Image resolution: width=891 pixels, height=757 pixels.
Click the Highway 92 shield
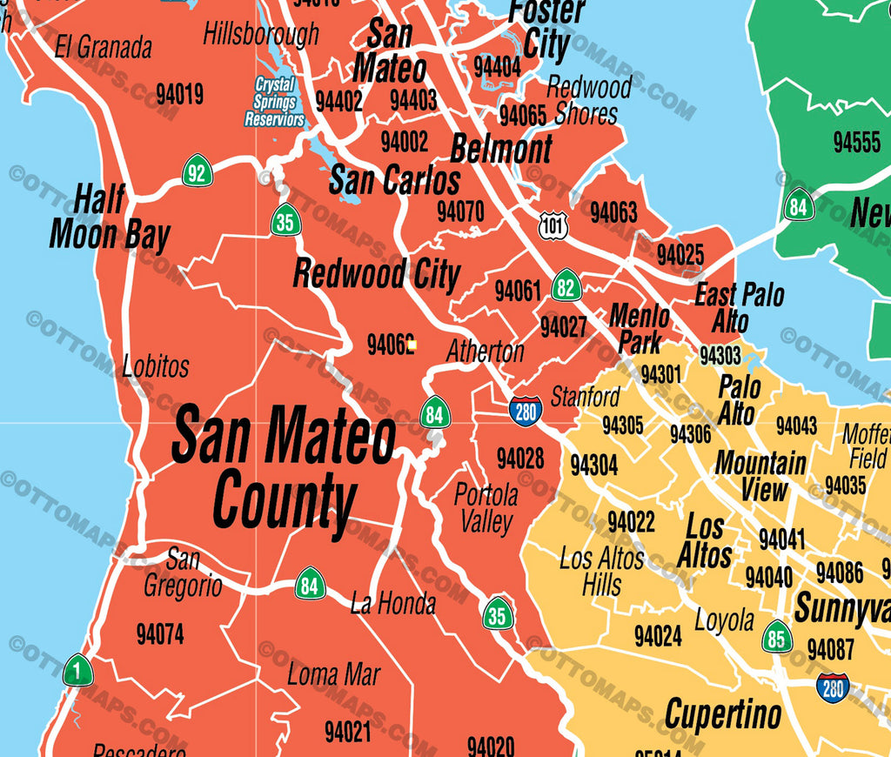tap(198, 171)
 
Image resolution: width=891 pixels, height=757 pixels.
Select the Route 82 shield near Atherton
tap(566, 285)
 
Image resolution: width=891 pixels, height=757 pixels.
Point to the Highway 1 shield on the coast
tap(77, 670)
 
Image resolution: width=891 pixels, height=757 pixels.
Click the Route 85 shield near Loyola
tap(777, 637)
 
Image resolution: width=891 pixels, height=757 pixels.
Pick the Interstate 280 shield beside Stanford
tap(526, 411)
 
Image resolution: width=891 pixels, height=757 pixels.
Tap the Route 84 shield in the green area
tap(798, 205)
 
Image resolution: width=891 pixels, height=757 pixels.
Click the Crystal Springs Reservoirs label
tap(274, 102)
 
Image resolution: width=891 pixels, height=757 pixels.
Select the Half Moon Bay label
tap(110, 218)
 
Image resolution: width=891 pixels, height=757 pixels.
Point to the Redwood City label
tap(376, 273)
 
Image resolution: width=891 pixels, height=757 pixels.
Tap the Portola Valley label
tap(486, 508)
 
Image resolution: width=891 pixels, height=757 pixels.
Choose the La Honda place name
tap(392, 603)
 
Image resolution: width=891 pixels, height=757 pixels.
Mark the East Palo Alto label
tap(739, 307)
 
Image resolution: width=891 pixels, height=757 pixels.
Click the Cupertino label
tap(723, 715)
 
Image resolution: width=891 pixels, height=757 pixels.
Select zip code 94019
tap(179, 94)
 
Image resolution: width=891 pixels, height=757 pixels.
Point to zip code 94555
tap(856, 142)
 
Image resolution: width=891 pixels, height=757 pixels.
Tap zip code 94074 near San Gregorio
tap(160, 634)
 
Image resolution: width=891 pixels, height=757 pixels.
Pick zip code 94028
tap(520, 458)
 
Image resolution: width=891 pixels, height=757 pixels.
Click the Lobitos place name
tap(156, 366)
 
